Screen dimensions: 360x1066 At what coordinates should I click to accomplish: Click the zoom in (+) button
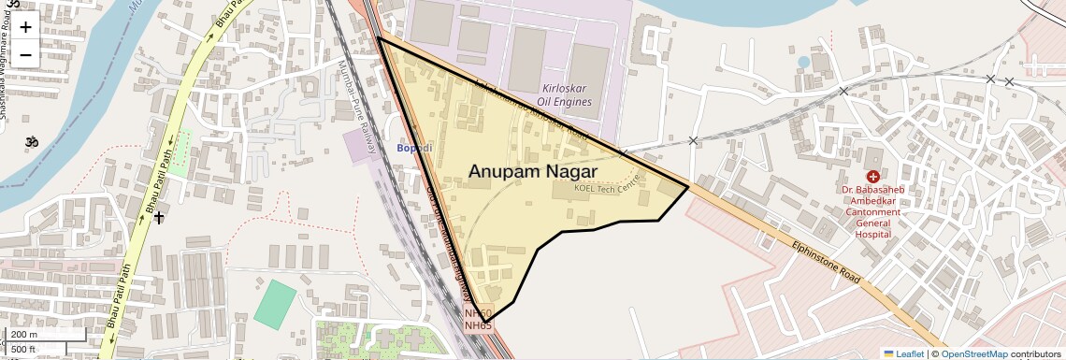(x=25, y=27)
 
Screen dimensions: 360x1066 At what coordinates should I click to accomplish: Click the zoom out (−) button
(x=25, y=54)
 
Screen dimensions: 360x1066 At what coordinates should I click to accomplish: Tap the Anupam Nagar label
(x=532, y=171)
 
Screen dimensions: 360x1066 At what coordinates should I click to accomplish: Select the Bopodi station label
(x=414, y=149)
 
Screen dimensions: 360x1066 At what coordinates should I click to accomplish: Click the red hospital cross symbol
(x=872, y=176)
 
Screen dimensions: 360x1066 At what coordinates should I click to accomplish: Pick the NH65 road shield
(x=478, y=325)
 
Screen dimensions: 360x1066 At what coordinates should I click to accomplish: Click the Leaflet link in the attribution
(x=903, y=353)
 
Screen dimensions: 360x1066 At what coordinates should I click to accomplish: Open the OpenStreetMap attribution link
(x=973, y=353)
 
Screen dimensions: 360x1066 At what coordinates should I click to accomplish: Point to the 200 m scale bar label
(x=24, y=335)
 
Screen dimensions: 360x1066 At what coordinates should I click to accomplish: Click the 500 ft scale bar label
(x=23, y=350)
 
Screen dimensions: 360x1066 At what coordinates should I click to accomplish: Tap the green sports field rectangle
(x=273, y=303)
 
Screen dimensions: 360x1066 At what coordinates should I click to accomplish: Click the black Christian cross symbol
(x=159, y=218)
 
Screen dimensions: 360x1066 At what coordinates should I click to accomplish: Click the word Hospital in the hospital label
(x=873, y=235)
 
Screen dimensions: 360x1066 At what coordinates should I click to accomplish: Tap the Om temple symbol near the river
(x=32, y=143)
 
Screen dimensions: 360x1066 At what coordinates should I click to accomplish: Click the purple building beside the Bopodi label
(x=359, y=146)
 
